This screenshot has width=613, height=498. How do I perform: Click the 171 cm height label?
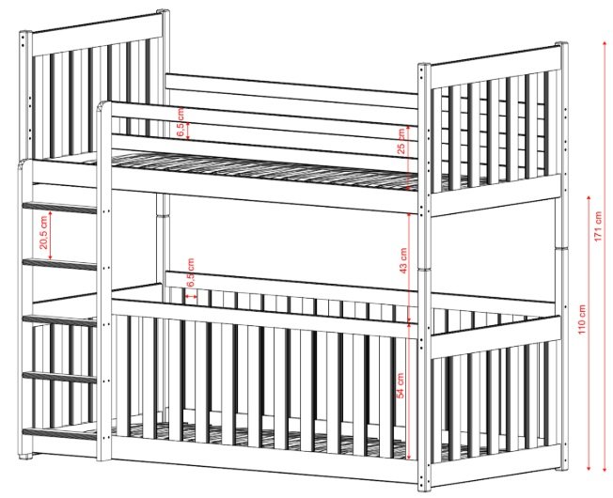tap(598, 226)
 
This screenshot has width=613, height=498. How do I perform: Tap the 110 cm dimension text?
tap(582, 319)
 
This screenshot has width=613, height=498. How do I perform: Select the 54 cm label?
tap(401, 385)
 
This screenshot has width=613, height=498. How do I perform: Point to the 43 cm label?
tap(403, 261)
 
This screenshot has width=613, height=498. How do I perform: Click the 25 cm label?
tap(401, 141)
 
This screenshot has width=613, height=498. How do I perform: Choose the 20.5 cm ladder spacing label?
tap(43, 232)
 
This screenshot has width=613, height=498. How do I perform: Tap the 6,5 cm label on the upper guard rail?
tap(181, 123)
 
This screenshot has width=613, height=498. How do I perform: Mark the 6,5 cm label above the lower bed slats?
tap(191, 272)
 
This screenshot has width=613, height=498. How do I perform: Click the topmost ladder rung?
tap(60, 208)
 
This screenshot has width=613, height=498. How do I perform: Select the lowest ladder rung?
tap(60, 433)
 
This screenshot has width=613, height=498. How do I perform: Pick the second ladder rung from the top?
tap(60, 264)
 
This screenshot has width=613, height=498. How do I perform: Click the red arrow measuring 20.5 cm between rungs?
tap(51, 236)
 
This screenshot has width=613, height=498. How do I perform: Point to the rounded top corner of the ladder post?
tap(103, 105)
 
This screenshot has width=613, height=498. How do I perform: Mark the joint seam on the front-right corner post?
tap(424, 270)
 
